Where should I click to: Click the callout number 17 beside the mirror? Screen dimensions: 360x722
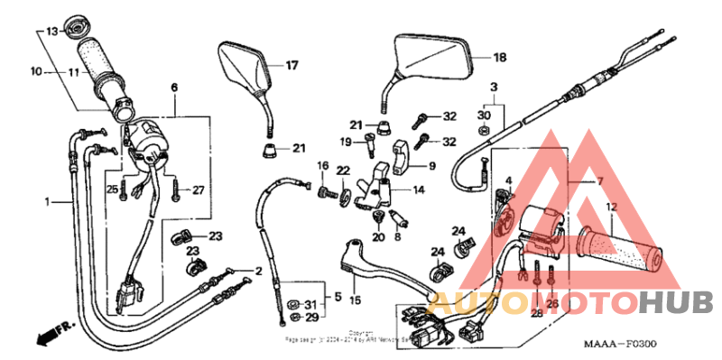(x=292, y=65)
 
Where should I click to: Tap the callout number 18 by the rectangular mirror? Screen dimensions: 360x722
(x=499, y=58)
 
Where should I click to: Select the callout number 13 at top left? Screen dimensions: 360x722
(x=51, y=32)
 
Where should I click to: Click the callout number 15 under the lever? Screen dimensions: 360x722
(x=355, y=300)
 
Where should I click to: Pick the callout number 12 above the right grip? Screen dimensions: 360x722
(x=611, y=207)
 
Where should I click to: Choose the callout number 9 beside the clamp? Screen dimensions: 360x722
(x=430, y=166)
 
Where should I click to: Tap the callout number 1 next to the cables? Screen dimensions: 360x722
(x=48, y=202)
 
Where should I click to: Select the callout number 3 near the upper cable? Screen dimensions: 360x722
(x=494, y=87)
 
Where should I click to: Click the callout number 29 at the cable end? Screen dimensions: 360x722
(x=310, y=318)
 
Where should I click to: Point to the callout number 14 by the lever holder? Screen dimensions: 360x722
(x=418, y=190)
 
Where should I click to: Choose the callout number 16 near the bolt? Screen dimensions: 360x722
(x=321, y=165)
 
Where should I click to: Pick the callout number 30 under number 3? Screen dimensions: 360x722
(x=484, y=116)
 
